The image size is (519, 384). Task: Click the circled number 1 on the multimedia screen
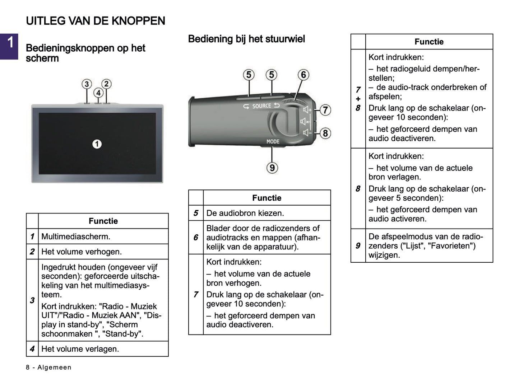coord(97,144)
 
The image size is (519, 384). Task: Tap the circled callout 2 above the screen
coord(106,84)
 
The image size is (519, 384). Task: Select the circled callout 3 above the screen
coord(87,84)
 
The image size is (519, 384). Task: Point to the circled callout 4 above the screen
coord(98,93)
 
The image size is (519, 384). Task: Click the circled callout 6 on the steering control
coord(303,75)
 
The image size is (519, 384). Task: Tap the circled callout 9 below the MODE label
coord(272,168)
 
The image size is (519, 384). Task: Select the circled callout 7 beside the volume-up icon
coord(325,110)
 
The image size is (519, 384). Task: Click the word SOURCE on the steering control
coord(261,106)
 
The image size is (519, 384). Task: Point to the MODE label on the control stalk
coord(273,141)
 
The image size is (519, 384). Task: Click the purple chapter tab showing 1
coord(9,46)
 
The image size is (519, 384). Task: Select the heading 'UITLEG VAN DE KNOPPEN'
coord(96,21)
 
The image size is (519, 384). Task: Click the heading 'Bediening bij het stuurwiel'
coord(246,39)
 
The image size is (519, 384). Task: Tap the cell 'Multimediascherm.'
coord(76,237)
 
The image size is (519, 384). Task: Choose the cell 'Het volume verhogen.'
coord(82,252)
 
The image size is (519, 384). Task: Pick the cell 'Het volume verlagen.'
coord(80,349)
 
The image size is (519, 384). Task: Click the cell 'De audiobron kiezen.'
coord(245,213)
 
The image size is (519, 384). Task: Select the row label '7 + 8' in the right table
coord(358,99)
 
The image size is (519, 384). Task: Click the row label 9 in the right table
coord(358,245)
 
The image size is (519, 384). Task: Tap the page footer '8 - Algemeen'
coord(48,367)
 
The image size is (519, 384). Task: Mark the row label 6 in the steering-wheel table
coord(196,237)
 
